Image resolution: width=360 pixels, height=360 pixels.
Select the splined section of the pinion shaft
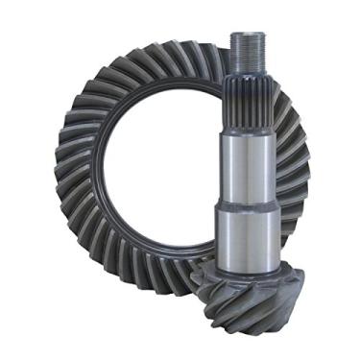pyautogui.click(x=247, y=102)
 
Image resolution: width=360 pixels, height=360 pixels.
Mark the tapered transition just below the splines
pyautogui.click(x=247, y=131)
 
